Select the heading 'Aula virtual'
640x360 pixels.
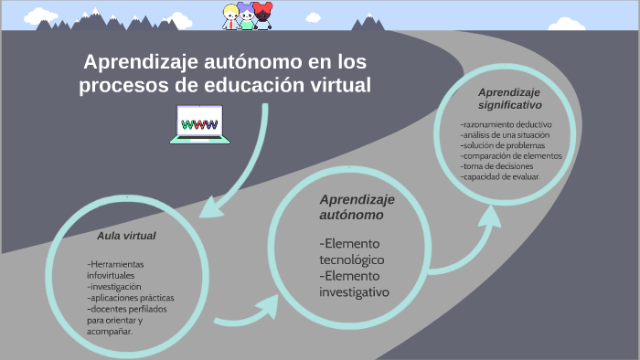(126, 236)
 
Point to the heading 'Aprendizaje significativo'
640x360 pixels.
(508, 99)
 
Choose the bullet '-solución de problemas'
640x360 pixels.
(503, 145)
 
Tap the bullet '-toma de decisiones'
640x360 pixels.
(499, 165)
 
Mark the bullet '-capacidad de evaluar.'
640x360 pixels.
(501, 175)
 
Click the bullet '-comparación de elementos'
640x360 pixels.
(510, 155)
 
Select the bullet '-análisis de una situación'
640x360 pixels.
(506, 135)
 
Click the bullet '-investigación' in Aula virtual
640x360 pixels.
(109, 286)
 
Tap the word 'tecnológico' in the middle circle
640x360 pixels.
(352, 260)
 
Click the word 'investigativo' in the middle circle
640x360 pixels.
(355, 292)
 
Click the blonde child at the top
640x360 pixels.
(232, 16)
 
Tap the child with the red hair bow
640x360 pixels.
(263, 16)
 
